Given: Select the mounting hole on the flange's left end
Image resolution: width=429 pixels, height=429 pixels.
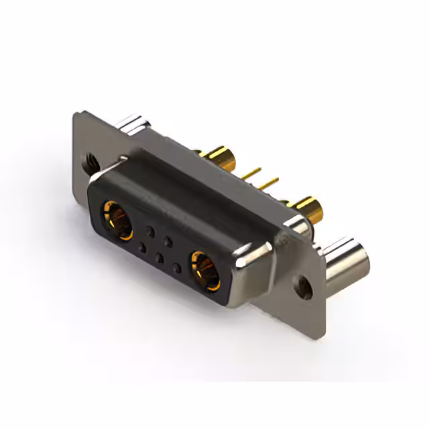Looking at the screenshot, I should tap(87, 161).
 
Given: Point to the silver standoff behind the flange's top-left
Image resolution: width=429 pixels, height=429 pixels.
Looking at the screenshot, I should tap(133, 124).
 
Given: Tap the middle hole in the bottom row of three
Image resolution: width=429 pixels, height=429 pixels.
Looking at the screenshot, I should tap(160, 257).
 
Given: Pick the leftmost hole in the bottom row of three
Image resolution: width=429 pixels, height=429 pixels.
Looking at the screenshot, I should tap(142, 248).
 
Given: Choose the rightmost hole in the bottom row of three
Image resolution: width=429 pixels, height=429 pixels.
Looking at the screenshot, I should tap(177, 268).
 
